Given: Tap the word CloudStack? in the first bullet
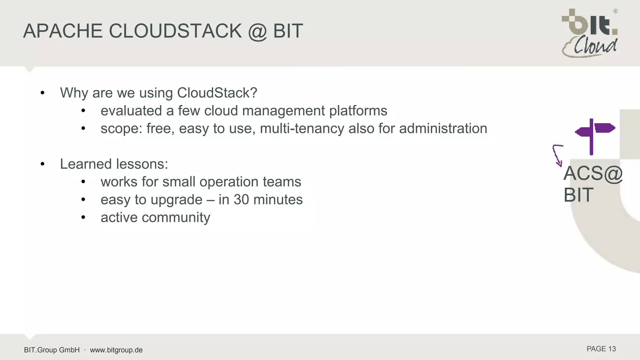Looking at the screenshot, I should coord(217,93).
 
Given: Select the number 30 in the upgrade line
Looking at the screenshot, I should coord(242,200).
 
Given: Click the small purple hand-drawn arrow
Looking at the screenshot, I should coord(557,155).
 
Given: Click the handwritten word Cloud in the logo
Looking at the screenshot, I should coord(595,47).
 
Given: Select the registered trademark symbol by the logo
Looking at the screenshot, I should coord(615,11).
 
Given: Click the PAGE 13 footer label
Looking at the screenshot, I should coord(601,349).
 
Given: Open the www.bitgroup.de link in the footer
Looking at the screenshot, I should coord(116,350).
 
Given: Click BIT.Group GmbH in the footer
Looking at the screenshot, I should coord(52,350).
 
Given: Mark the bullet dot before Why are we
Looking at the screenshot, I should coord(42,93).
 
